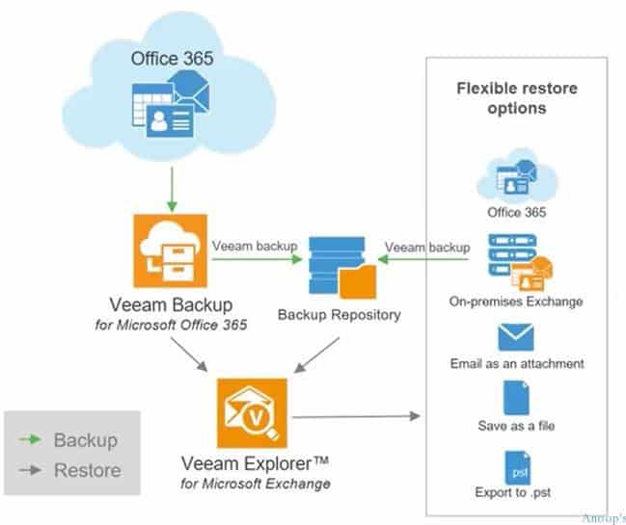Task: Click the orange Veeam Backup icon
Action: pyautogui.click(x=171, y=250)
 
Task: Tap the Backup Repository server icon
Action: pyautogui.click(x=342, y=268)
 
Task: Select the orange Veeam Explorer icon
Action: pyautogui.click(x=252, y=413)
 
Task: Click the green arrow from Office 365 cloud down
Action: pyautogui.click(x=172, y=189)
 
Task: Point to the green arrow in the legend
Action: pyautogui.click(x=30, y=439)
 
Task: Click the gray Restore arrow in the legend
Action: pyautogui.click(x=30, y=470)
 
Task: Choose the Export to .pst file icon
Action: pyautogui.click(x=517, y=468)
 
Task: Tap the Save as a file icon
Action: pyautogui.click(x=517, y=398)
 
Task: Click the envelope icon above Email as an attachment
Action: pyautogui.click(x=516, y=337)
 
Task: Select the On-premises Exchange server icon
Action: pyautogui.click(x=520, y=262)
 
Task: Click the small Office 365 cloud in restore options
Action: pyautogui.click(x=517, y=175)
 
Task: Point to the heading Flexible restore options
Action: pyautogui.click(x=517, y=98)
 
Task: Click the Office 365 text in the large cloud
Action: pyautogui.click(x=172, y=59)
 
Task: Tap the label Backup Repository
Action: pyautogui.click(x=340, y=315)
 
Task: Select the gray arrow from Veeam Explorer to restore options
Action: pyautogui.click(x=356, y=416)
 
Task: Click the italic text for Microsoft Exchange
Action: pyautogui.click(x=256, y=484)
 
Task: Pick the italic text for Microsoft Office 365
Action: pyautogui.click(x=171, y=325)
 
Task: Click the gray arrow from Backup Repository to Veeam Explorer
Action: pyautogui.click(x=316, y=355)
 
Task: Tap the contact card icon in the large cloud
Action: pyautogui.click(x=170, y=121)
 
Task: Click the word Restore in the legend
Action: pyautogui.click(x=88, y=470)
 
